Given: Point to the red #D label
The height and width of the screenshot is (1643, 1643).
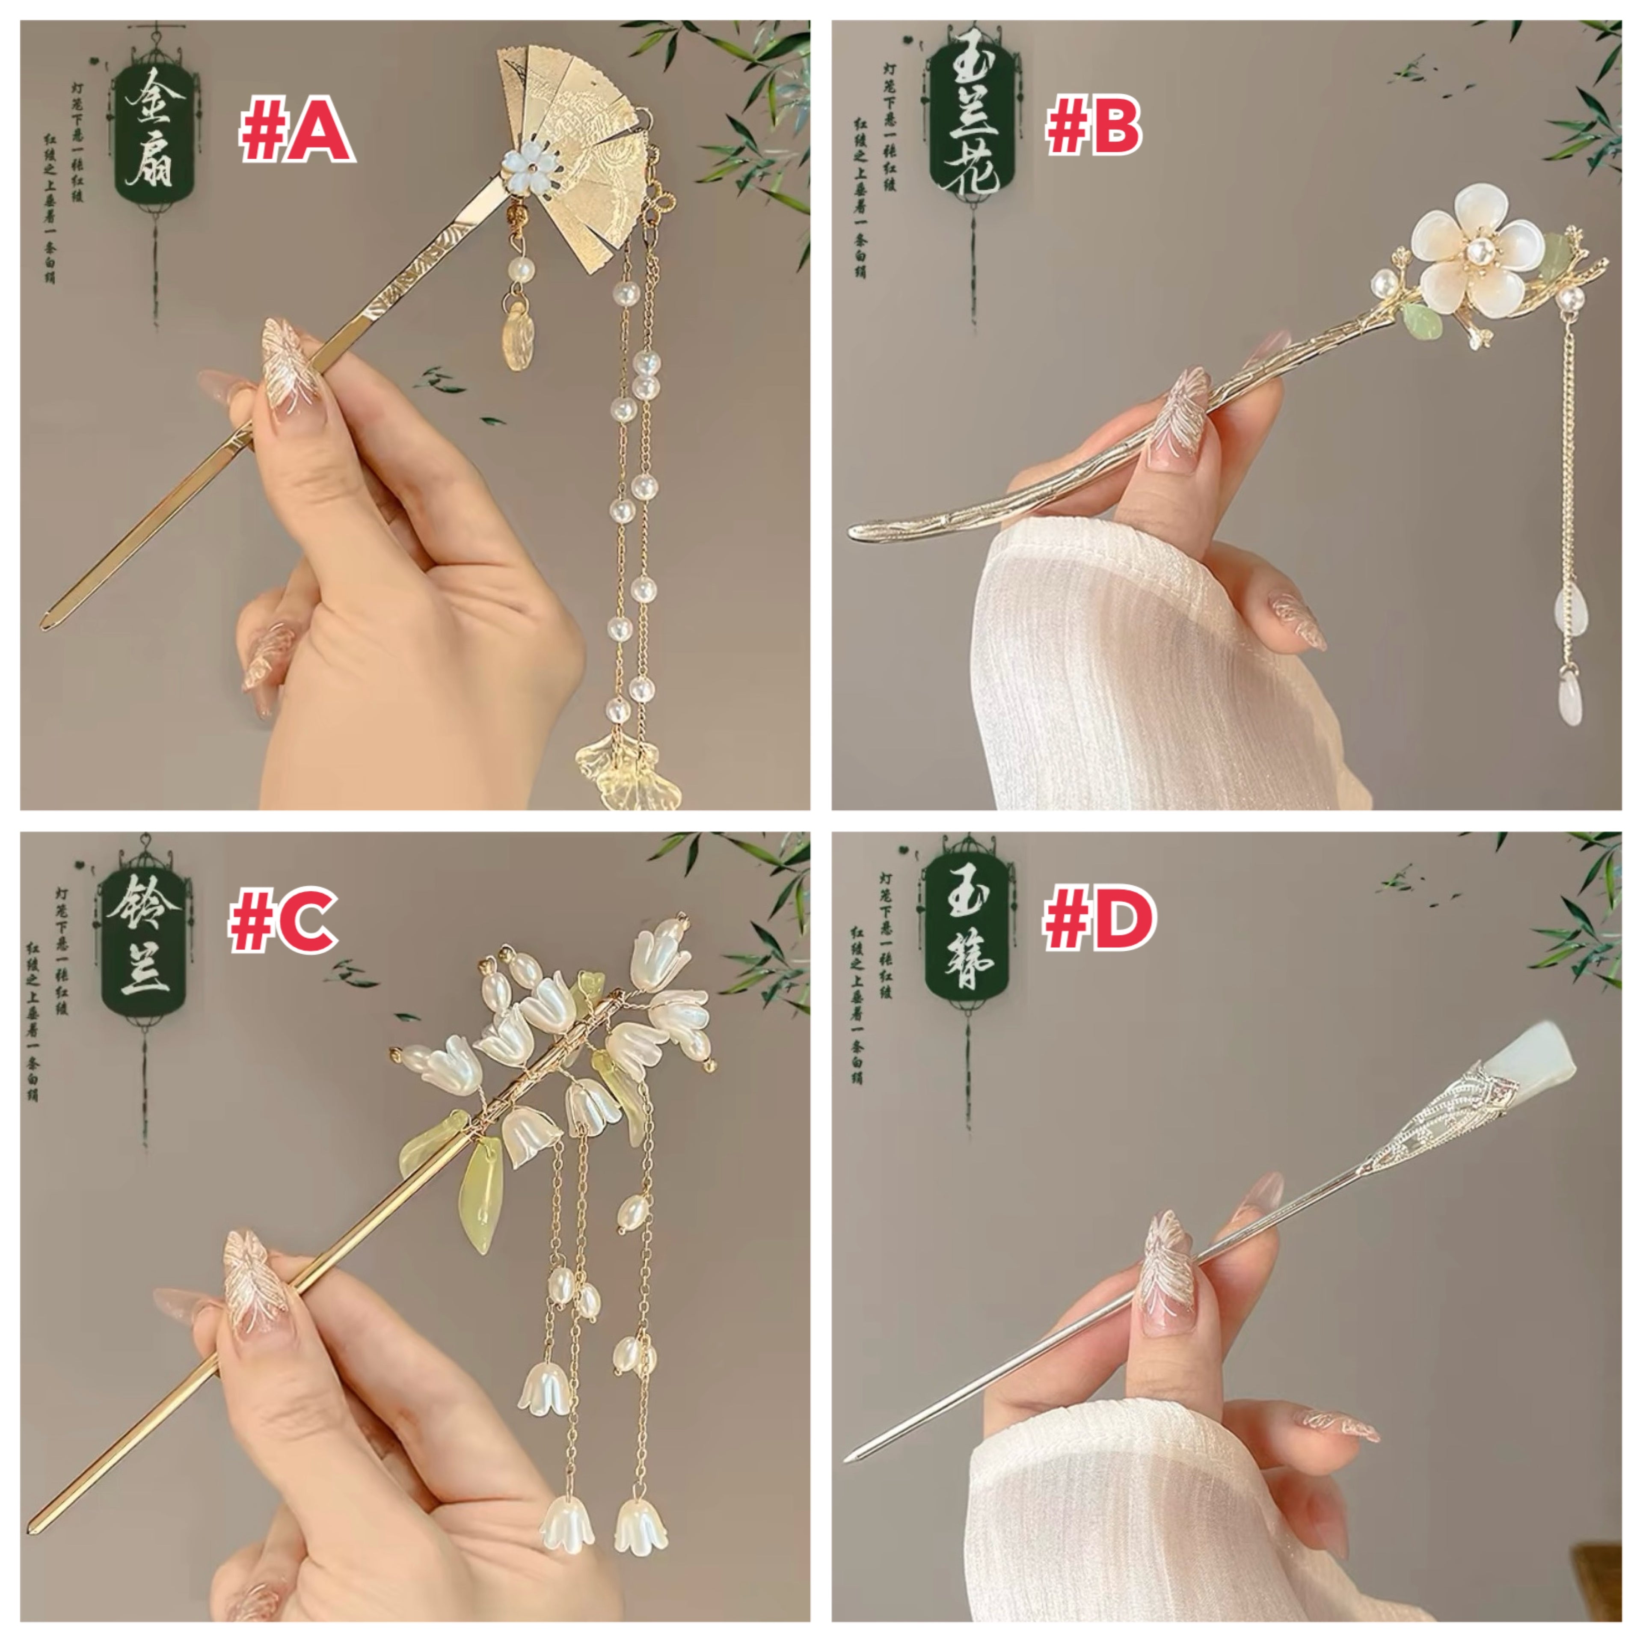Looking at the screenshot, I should click(x=1099, y=920).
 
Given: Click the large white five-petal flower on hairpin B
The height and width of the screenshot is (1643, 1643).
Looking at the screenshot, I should click(x=1474, y=246).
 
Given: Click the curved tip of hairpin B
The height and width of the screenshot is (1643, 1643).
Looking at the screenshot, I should click(x=855, y=531).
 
